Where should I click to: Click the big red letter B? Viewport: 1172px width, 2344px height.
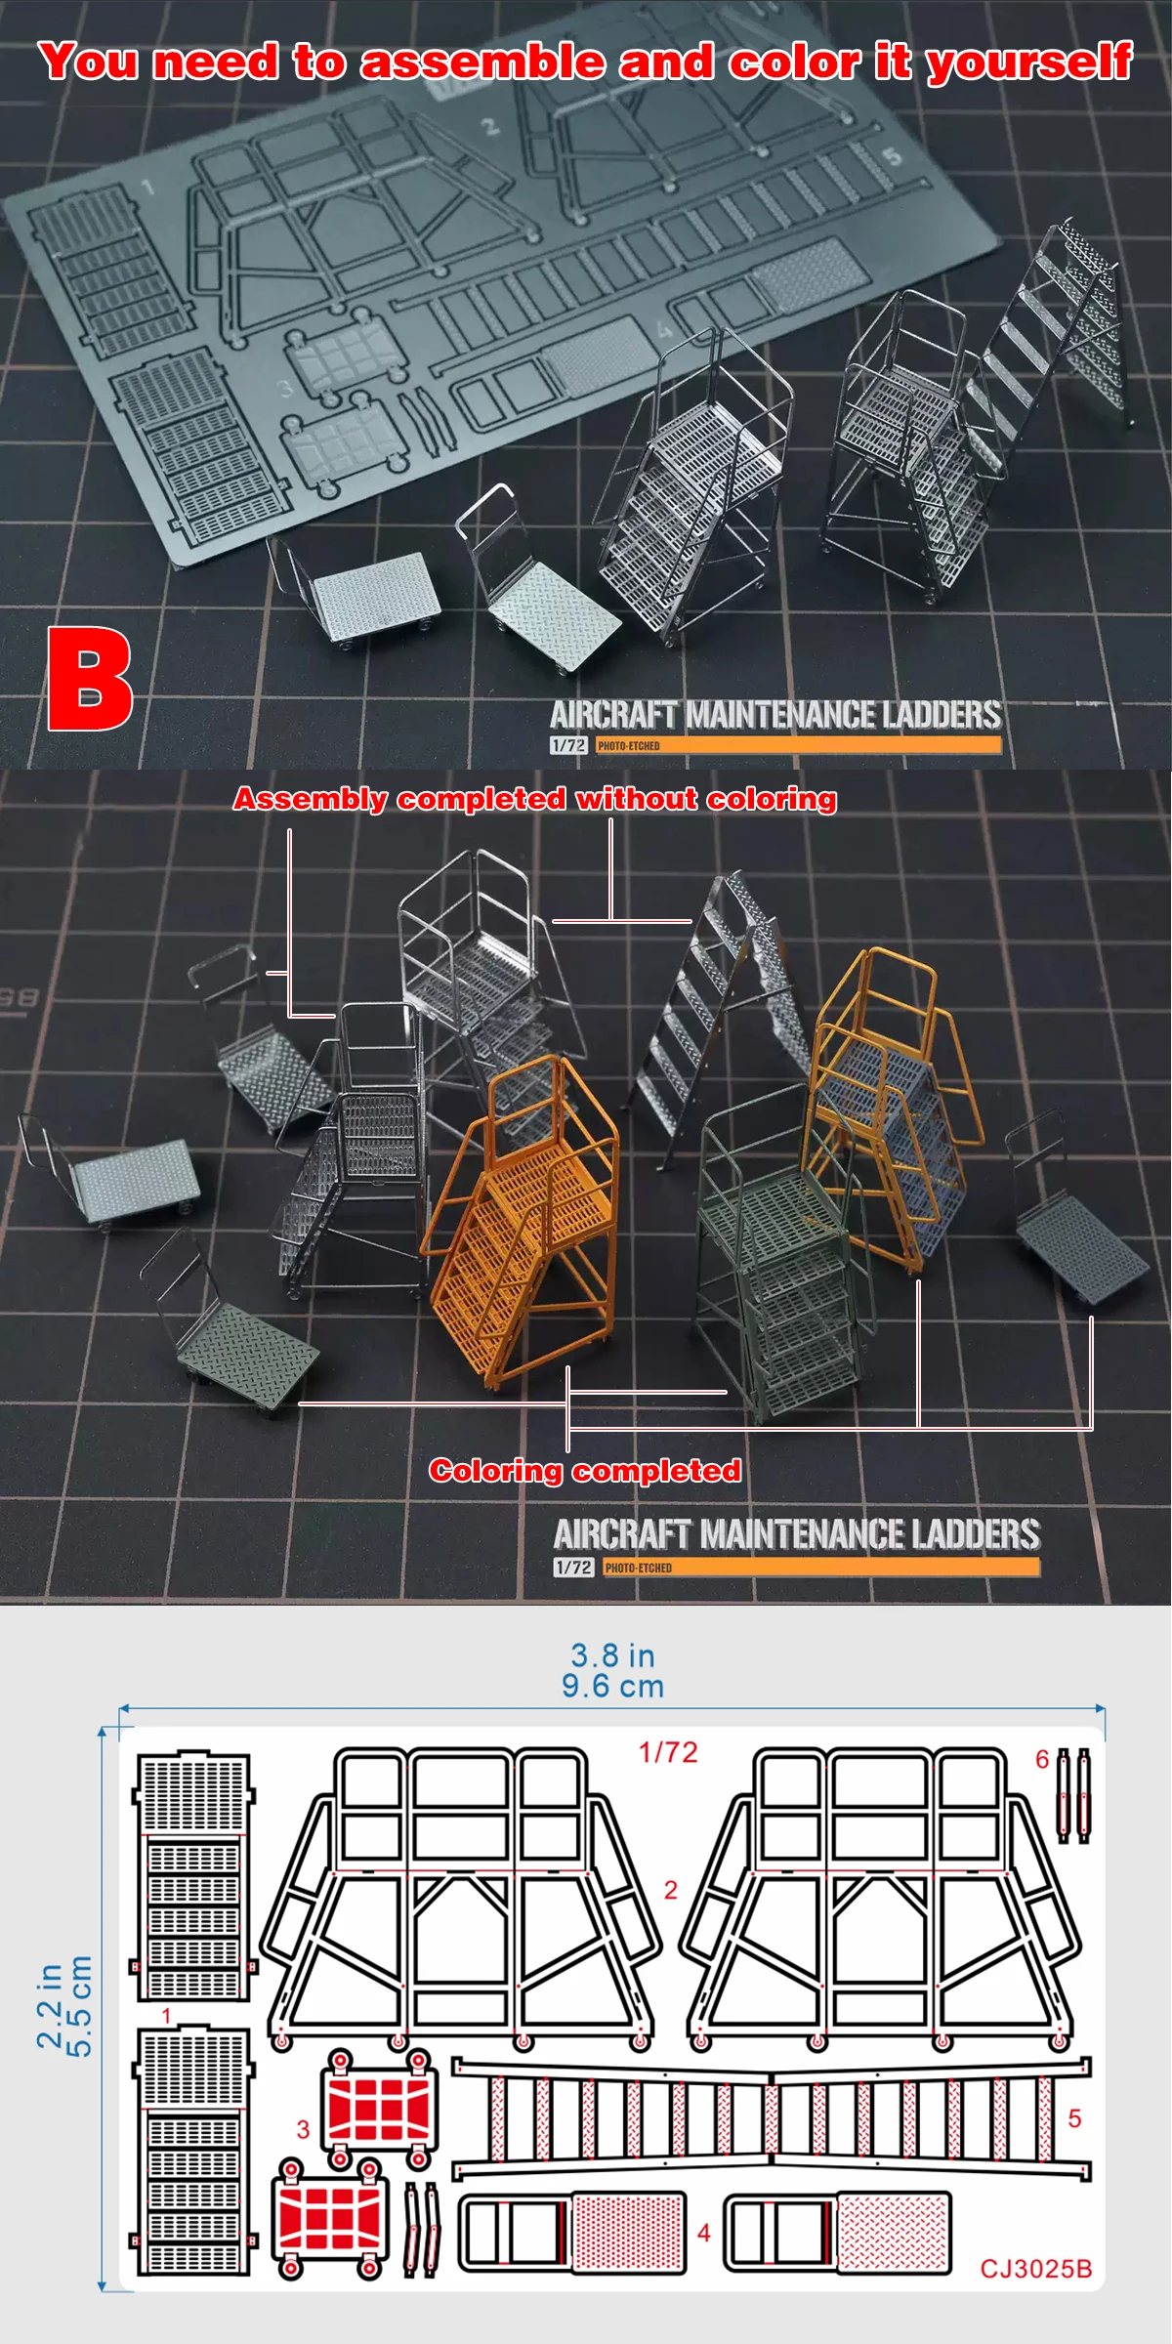click(90, 679)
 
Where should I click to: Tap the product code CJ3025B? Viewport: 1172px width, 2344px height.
click(1035, 2269)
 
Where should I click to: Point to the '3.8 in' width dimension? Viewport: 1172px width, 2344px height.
click(612, 1655)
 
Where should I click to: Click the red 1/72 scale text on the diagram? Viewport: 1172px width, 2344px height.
click(668, 1752)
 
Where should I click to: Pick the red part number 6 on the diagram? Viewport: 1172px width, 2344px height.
click(1042, 1759)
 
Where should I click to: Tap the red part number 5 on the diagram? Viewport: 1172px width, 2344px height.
click(1074, 2118)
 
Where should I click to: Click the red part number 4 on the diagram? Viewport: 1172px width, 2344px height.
click(703, 2233)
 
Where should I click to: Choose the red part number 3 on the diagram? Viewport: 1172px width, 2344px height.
click(303, 2129)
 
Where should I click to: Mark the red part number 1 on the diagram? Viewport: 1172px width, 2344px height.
click(166, 2016)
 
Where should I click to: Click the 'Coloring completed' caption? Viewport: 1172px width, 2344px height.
click(584, 1471)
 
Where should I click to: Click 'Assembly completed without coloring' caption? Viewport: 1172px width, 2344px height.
click(534, 799)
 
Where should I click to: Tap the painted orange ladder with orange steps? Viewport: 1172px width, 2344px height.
click(523, 1221)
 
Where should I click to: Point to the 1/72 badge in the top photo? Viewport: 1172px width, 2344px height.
click(568, 745)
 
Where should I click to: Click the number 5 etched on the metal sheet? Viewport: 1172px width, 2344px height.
click(891, 156)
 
